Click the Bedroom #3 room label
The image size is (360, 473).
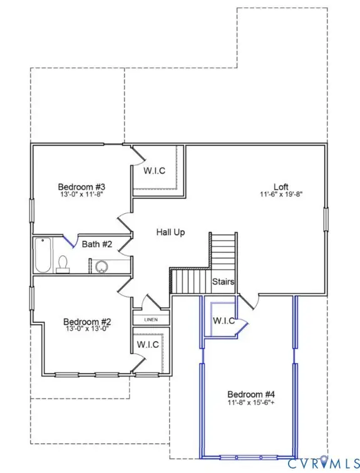point(81,186)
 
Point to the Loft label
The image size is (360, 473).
point(281,186)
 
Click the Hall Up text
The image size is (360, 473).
point(170,232)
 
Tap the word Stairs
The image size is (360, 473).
point(223,282)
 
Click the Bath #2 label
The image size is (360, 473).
point(97,243)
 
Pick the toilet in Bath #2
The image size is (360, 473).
point(63,264)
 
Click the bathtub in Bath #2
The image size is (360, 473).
point(43,257)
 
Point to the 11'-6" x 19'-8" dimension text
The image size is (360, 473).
point(281,195)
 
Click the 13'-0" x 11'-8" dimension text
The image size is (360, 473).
point(81,195)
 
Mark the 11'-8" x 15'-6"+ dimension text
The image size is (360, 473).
point(250,402)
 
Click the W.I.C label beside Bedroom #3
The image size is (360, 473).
point(154,171)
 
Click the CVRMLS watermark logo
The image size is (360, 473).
point(320,463)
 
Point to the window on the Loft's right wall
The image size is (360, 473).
point(326,219)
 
